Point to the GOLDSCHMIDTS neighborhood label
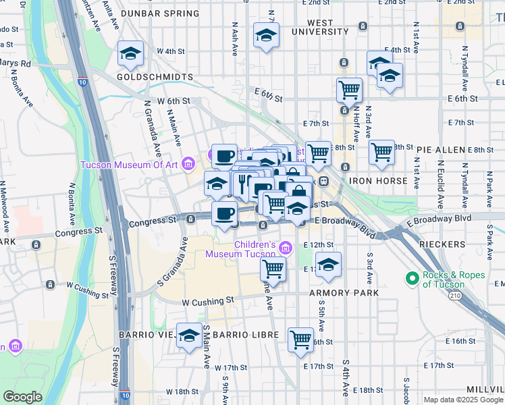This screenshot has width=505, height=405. click(x=155, y=77)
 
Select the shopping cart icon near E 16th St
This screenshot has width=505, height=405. click(x=300, y=340)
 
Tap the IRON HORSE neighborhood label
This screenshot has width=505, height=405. click(x=378, y=181)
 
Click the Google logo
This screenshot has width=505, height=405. click(x=23, y=396)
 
